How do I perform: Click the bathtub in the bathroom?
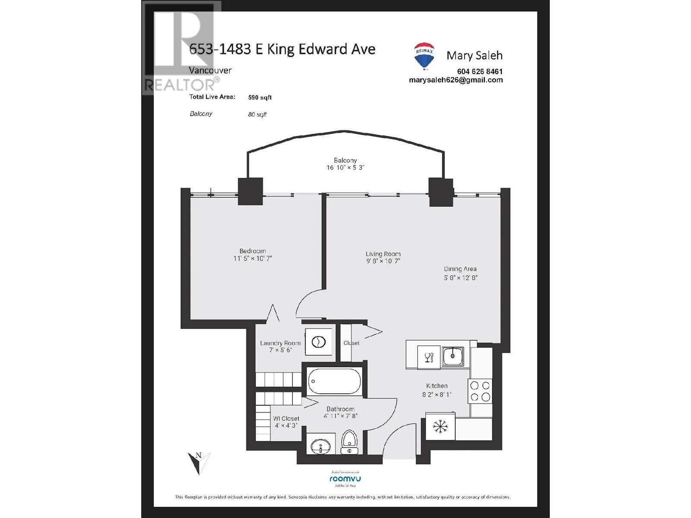click(x=334, y=382)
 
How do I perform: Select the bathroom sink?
click(x=320, y=446)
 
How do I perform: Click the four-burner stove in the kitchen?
click(x=480, y=391)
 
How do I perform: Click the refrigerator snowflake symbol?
click(x=440, y=427)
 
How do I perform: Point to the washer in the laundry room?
click(x=318, y=342)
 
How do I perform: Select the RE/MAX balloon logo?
click(x=424, y=56)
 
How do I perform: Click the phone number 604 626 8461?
click(x=479, y=72)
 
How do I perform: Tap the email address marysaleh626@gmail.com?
click(x=456, y=80)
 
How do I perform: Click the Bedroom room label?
click(x=253, y=251)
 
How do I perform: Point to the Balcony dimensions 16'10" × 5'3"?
click(x=345, y=167)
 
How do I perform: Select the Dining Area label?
click(x=460, y=269)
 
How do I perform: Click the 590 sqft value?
click(x=260, y=98)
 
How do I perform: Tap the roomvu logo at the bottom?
click(x=345, y=479)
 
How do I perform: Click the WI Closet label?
click(x=286, y=418)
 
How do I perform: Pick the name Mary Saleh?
click(x=474, y=56)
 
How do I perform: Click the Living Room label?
click(x=383, y=254)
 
